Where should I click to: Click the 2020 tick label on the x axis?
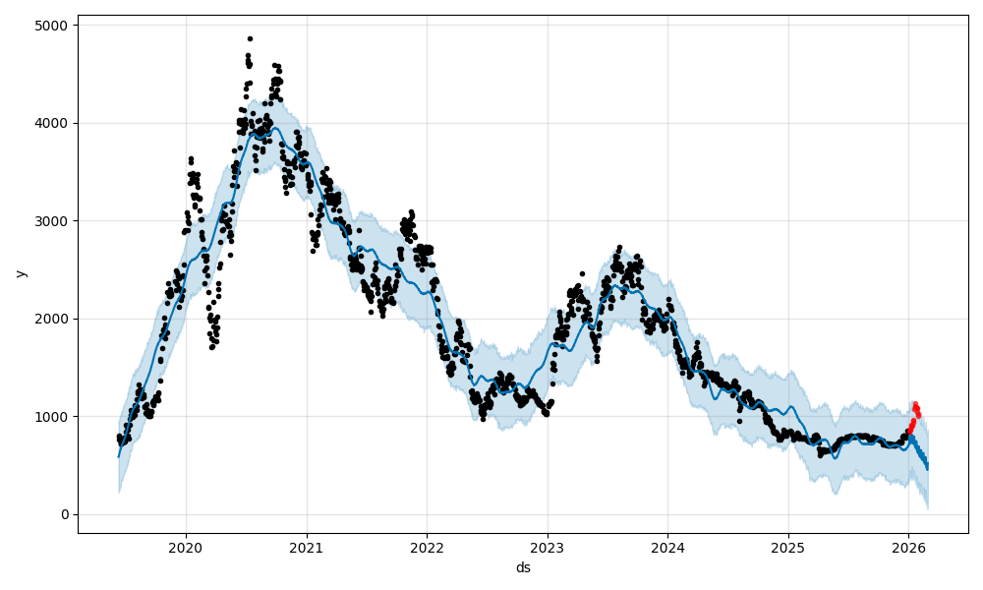tap(186, 547)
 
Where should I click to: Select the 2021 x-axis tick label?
tap(307, 547)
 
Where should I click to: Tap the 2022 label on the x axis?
tap(427, 547)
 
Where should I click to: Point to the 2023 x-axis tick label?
tap(548, 547)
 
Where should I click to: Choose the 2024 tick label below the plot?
tap(667, 547)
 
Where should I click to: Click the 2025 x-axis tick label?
tap(787, 547)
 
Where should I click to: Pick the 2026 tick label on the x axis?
tap(908, 547)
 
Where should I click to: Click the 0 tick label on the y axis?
tap(64, 514)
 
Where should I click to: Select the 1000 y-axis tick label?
tap(53, 417)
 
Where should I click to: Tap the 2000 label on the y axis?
tap(53, 319)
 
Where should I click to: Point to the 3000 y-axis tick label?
tap(53, 220)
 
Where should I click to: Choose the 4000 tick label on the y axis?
tap(53, 123)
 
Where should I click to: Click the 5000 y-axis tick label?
tap(53, 25)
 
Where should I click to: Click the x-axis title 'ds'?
tap(523, 567)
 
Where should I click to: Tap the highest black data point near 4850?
tap(250, 38)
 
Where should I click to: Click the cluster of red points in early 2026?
tap(914, 414)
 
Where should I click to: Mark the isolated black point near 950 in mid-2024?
tap(739, 421)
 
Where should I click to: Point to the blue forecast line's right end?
tap(927, 468)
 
